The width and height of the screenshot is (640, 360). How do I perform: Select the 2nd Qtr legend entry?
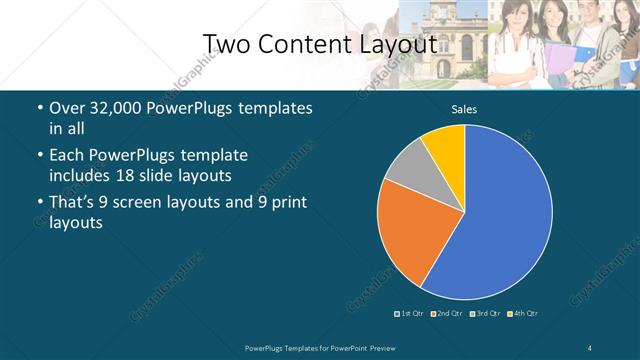tap(446, 313)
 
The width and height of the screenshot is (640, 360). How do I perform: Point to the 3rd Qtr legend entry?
tap(484, 313)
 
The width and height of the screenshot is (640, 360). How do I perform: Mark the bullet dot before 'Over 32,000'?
tap(39, 109)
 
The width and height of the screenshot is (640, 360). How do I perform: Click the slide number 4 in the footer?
tap(591, 347)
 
